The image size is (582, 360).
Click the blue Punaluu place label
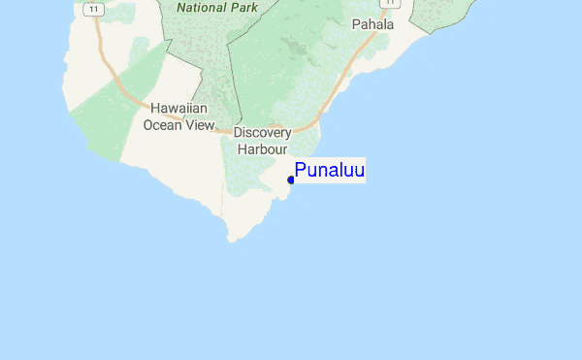tap(330, 171)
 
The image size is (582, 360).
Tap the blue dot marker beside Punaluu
tap(291, 180)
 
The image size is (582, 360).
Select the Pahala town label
tap(373, 24)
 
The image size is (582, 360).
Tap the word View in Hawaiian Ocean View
tap(201, 124)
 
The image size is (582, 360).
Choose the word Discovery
tap(262, 133)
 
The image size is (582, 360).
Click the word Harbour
tap(262, 149)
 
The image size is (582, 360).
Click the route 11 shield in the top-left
tap(92, 9)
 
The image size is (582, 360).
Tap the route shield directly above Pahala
tap(385, 3)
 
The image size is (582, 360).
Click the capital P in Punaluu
tap(301, 171)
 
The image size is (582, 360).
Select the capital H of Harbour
tap(242, 149)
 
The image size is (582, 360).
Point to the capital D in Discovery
tap(238, 133)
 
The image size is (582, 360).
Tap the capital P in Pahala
tap(356, 24)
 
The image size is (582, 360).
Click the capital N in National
tap(182, 6)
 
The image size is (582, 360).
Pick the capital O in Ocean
tap(148, 124)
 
